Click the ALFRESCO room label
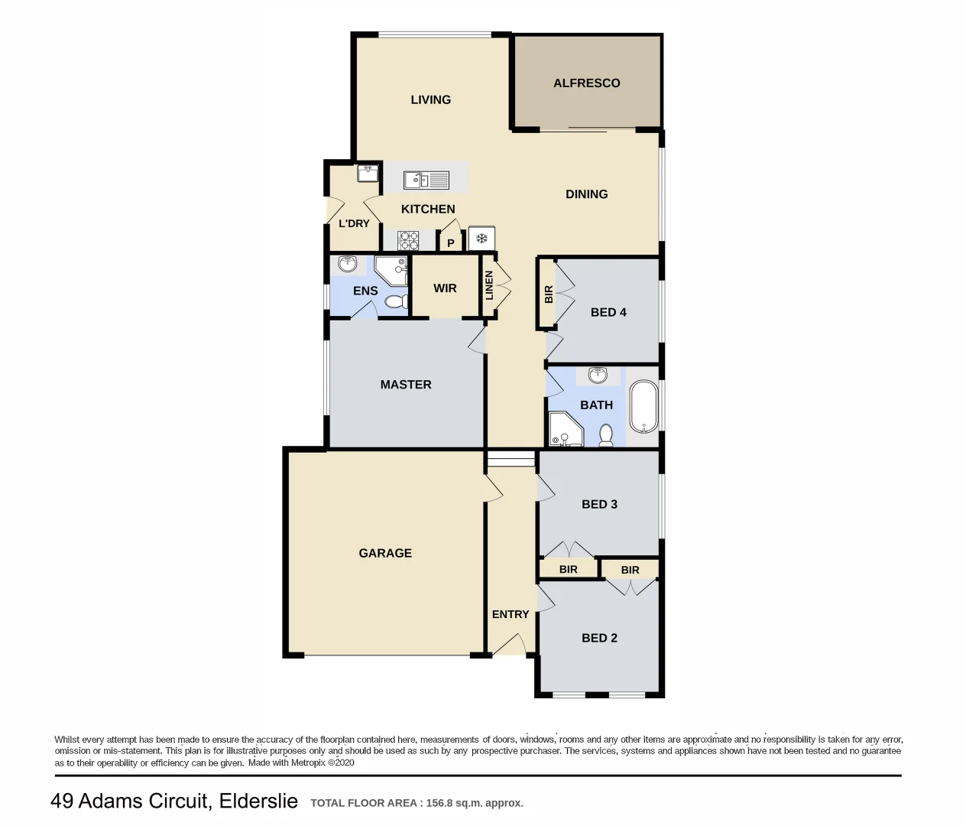(x=586, y=83)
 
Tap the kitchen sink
(x=426, y=180)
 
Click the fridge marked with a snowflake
(x=481, y=239)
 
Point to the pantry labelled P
(x=451, y=243)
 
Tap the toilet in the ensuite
(x=395, y=302)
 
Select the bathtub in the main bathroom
(x=643, y=407)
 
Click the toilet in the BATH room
(x=606, y=436)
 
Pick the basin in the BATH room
(x=598, y=376)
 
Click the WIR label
(x=445, y=288)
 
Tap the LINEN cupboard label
(x=489, y=285)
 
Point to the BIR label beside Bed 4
(x=548, y=294)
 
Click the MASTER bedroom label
(x=406, y=385)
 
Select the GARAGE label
(x=385, y=553)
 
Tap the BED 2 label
(x=599, y=638)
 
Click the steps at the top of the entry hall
(x=511, y=459)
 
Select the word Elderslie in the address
(x=258, y=801)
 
